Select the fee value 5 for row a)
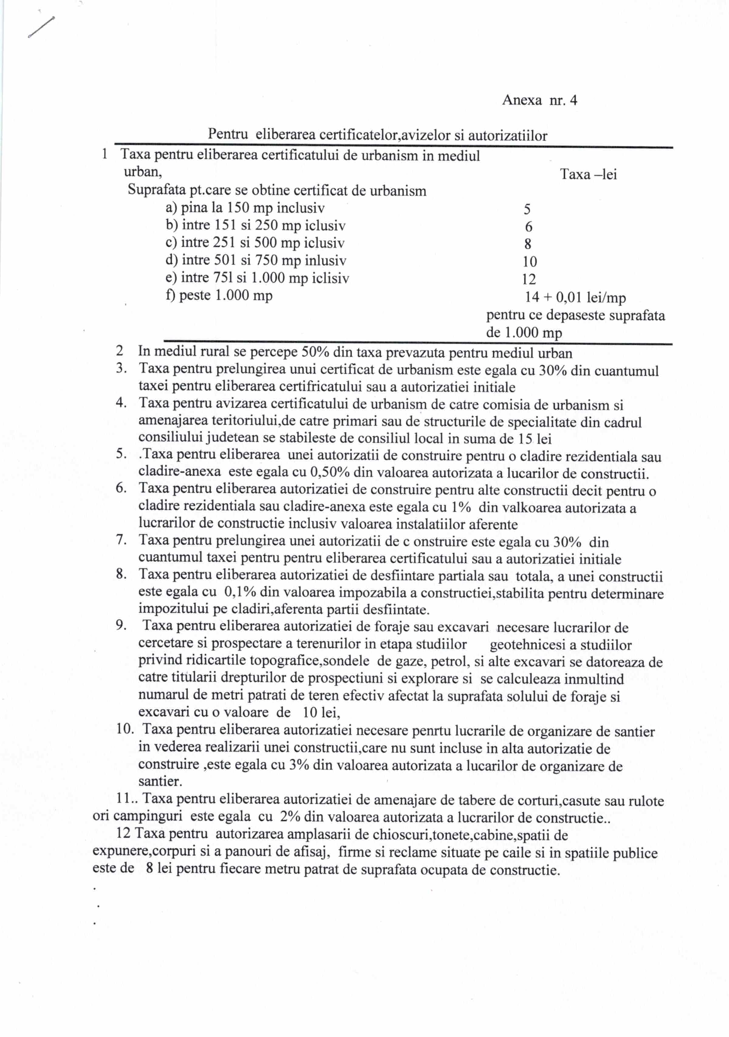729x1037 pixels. [x=527, y=209]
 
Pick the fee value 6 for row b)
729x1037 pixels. [x=529, y=227]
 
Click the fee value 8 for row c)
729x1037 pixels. [x=528, y=244]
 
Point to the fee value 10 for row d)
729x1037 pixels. [x=529, y=262]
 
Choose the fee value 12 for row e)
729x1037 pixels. [x=529, y=279]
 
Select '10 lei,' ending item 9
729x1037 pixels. [x=321, y=713]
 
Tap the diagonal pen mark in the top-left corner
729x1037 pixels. [x=41, y=28]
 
